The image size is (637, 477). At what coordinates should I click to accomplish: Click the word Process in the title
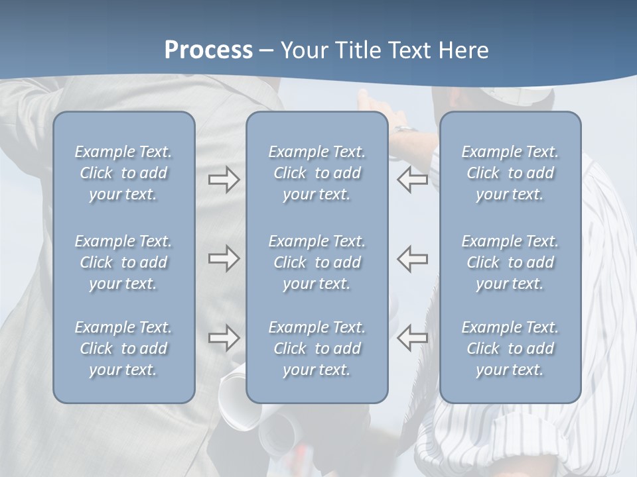[208, 50]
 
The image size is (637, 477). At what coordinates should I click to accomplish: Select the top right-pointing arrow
[224, 180]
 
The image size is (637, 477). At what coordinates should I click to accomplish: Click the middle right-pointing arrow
[224, 259]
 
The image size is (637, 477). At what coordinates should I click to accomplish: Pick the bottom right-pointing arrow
[224, 338]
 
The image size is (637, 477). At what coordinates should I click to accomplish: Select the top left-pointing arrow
[413, 180]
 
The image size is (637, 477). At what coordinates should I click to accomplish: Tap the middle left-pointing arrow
[413, 259]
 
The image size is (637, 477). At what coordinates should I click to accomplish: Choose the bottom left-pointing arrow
[413, 338]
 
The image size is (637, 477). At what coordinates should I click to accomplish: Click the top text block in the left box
[123, 173]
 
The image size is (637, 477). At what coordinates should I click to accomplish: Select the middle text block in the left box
[123, 262]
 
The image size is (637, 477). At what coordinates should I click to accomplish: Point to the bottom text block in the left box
[123, 348]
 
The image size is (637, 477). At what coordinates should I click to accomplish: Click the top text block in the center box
[317, 173]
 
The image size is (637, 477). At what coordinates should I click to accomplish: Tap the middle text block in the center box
[317, 262]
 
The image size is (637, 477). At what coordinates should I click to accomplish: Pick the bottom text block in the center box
[317, 348]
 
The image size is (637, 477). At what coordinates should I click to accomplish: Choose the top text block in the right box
[510, 173]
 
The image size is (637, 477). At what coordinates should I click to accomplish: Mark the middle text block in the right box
[510, 262]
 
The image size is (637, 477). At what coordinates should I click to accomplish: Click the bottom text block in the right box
[510, 348]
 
